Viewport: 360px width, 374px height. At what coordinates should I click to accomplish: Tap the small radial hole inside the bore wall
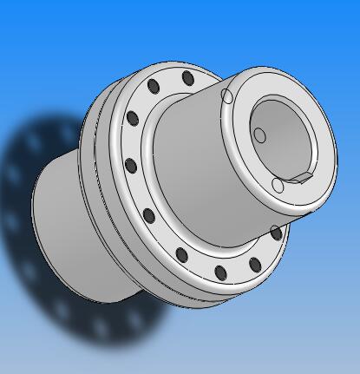(x=259, y=135)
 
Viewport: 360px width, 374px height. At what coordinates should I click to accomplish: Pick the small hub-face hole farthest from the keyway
(x=227, y=96)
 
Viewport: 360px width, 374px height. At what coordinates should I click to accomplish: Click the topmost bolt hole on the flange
(x=188, y=79)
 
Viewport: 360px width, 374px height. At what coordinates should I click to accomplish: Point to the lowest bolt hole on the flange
(x=220, y=273)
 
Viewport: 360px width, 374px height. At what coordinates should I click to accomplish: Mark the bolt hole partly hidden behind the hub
(x=276, y=233)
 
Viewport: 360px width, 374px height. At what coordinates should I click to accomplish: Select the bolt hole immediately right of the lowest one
(x=255, y=265)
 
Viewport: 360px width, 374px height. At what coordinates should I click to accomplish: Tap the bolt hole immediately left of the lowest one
(x=182, y=255)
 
